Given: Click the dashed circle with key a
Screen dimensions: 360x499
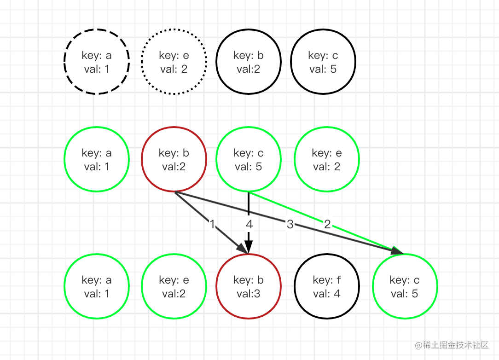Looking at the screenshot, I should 97,62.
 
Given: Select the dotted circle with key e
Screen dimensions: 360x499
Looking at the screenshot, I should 174,62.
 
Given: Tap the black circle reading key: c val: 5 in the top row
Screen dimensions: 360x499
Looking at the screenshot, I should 323,62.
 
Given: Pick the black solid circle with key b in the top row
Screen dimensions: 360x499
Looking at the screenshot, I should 249,62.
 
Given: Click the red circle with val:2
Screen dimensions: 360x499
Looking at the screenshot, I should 174,159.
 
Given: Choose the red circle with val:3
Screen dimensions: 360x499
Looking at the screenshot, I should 249,286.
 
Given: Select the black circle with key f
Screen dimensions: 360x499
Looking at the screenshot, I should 327,286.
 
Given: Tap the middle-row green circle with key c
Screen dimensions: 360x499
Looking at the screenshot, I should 249,159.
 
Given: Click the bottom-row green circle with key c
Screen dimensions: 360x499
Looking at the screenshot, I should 405,286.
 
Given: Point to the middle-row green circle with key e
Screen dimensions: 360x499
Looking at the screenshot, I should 327,159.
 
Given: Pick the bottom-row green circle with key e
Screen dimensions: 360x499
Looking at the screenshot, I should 174,286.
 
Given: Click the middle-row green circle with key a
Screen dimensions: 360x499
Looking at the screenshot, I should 97,159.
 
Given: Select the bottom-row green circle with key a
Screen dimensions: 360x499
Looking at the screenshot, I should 97,286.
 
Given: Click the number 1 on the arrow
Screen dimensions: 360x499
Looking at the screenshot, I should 213,225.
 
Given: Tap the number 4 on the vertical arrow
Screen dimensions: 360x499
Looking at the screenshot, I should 249,225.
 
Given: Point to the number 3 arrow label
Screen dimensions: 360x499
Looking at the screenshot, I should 290,225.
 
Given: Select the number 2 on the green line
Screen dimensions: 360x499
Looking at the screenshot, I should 327,225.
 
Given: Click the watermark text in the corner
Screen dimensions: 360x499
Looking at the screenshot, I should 451,345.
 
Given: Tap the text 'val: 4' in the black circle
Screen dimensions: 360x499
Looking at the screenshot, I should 327,293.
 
